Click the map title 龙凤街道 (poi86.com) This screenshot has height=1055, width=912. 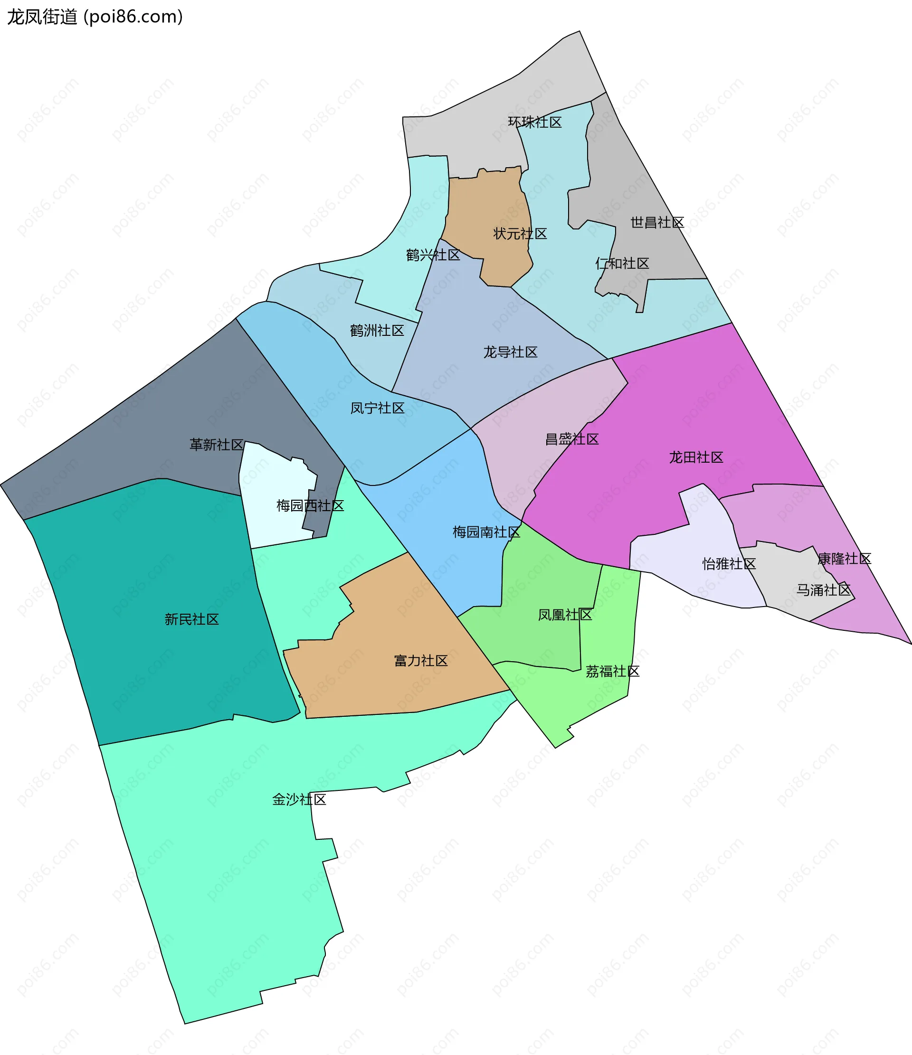95,17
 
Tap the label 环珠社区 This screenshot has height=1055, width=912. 535,122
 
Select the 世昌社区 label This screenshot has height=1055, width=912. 657,222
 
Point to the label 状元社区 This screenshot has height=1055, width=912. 520,234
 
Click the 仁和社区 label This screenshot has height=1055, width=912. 622,263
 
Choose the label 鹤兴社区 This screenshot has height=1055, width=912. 433,255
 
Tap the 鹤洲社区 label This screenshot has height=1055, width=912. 377,331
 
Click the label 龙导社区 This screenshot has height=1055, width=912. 510,352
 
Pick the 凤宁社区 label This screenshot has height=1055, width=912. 377,408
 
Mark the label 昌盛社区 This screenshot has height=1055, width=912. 572,439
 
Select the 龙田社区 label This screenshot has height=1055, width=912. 696,457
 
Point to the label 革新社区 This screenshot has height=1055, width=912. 217,445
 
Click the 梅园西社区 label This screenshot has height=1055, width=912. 310,505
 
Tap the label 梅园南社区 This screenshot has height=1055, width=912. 486,532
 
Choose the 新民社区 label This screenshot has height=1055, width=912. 191,619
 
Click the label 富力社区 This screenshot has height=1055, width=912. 420,661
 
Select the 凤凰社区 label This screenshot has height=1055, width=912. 565,615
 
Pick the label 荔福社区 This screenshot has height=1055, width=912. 612,672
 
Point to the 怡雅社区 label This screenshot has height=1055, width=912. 729,564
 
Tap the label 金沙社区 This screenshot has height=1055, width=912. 299,799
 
